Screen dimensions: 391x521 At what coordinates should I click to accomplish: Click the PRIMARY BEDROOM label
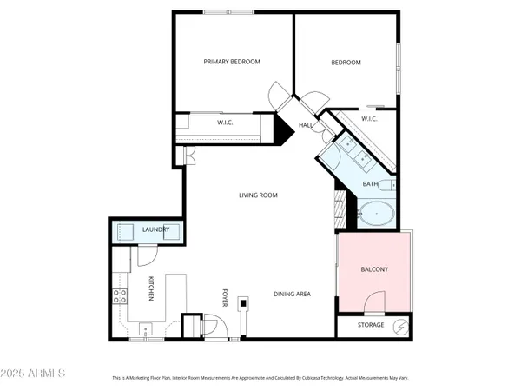[232, 62]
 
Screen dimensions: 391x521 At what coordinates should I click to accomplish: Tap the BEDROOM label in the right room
[346, 63]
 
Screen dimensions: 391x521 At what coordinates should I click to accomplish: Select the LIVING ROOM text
[258, 195]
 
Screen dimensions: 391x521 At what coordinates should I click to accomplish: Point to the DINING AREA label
[293, 294]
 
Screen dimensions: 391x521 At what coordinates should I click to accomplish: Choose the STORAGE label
[372, 325]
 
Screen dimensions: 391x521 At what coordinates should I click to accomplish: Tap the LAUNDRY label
[155, 229]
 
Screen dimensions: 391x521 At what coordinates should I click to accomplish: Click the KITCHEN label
[151, 288]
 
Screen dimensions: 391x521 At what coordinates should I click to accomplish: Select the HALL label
[306, 126]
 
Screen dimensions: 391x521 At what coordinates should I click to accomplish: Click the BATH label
[371, 184]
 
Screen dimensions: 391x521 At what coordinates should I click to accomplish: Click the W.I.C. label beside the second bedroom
[367, 119]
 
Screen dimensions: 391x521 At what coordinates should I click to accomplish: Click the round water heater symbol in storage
[399, 326]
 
